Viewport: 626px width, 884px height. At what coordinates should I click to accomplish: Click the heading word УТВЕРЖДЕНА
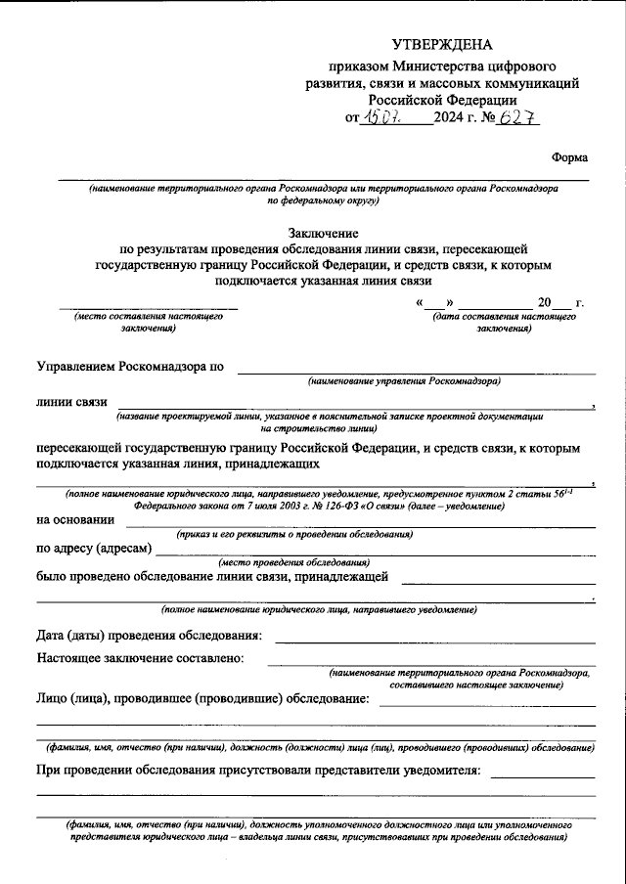442,45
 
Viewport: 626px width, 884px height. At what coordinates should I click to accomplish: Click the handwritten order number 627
517,119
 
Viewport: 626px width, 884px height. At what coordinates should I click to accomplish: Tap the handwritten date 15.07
381,119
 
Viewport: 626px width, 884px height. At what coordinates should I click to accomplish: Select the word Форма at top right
570,157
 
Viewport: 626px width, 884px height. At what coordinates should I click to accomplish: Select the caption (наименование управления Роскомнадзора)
404,380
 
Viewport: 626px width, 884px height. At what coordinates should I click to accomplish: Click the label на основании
74,519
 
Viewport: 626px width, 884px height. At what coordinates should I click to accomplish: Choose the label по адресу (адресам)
95,548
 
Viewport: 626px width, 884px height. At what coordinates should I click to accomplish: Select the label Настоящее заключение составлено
140,659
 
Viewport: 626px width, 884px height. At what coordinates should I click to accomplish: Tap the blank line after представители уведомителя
543,776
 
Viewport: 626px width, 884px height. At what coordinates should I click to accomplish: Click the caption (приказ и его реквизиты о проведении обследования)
293,534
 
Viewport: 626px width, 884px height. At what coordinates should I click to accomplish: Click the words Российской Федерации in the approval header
442,100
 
